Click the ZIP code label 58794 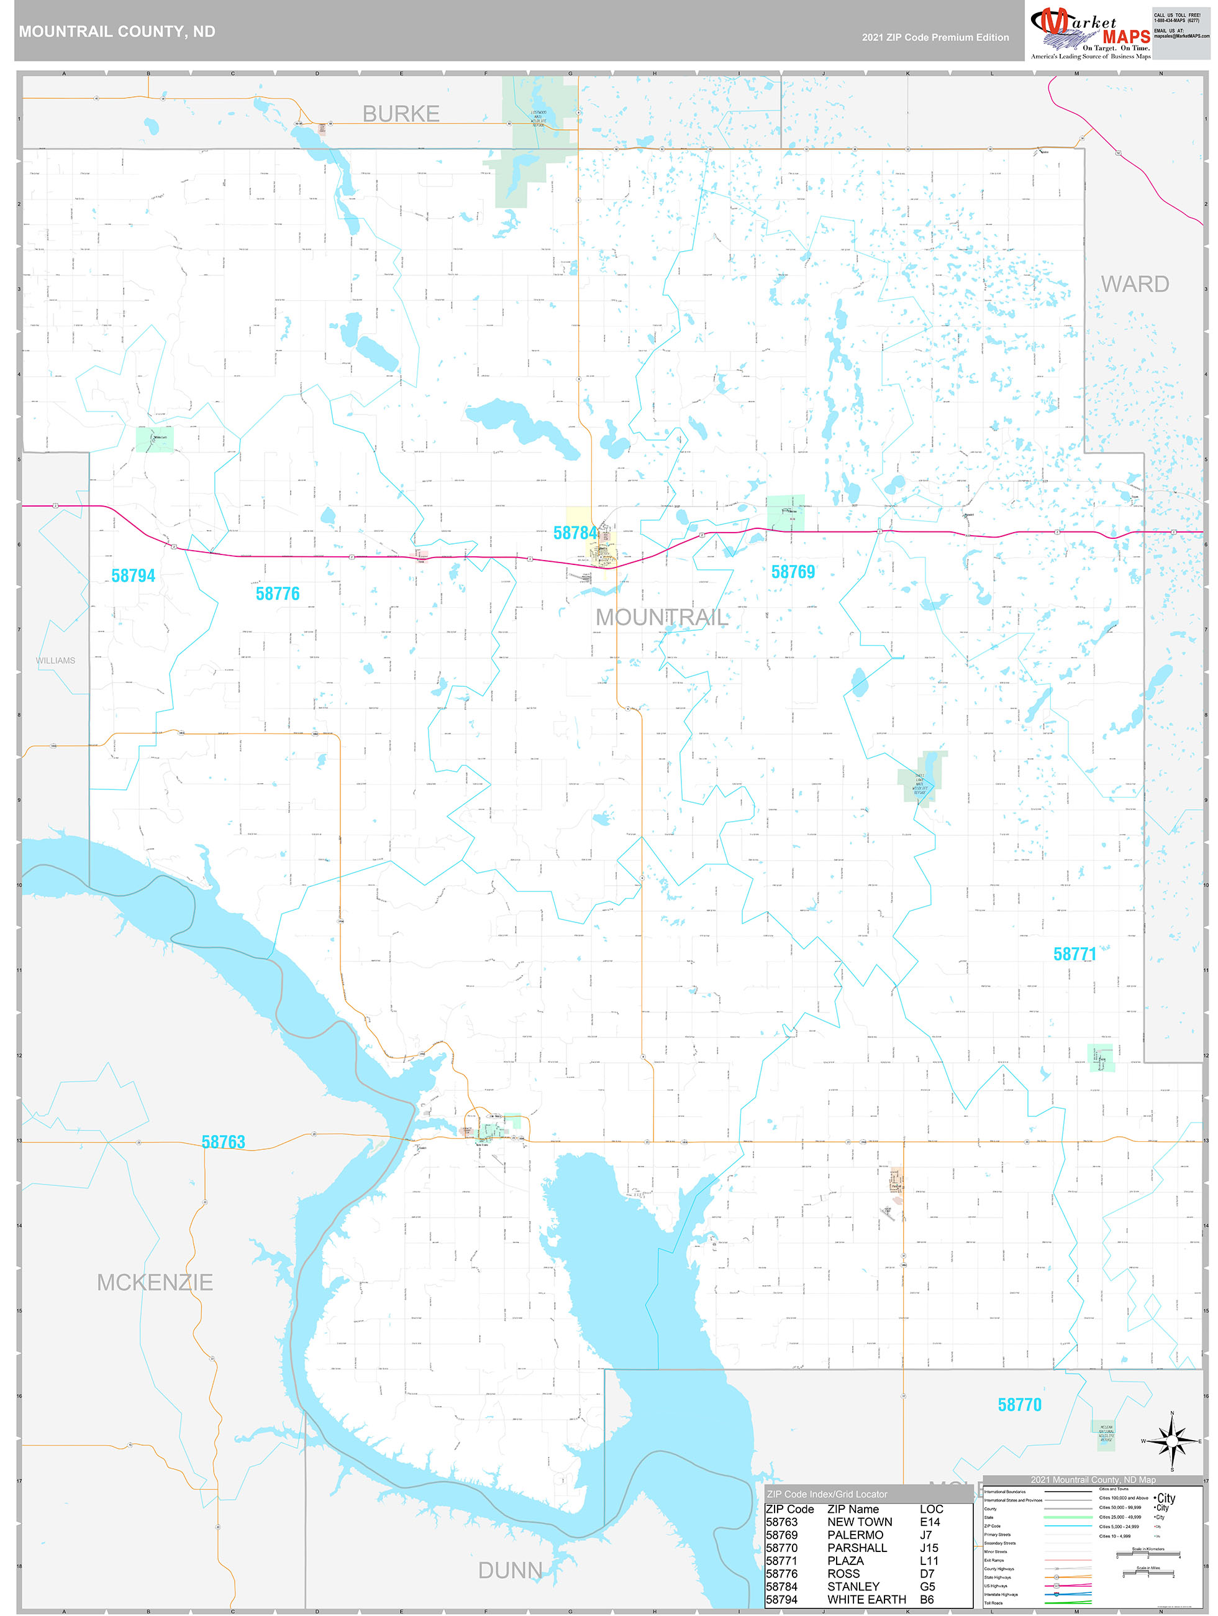pyautogui.click(x=133, y=576)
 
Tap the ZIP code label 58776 pyautogui.click(x=278, y=594)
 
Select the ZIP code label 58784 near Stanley pyautogui.click(x=575, y=533)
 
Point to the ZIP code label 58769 pyautogui.click(x=793, y=572)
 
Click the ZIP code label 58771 pyautogui.click(x=1074, y=954)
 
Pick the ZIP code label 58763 pyautogui.click(x=224, y=1142)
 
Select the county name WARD pyautogui.click(x=1135, y=284)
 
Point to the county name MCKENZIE pyautogui.click(x=155, y=1283)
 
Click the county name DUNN pyautogui.click(x=510, y=1571)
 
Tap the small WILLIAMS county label pyautogui.click(x=55, y=661)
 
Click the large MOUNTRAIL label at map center pyautogui.click(x=661, y=617)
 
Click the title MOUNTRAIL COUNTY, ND pyautogui.click(x=117, y=32)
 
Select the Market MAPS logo pyautogui.click(x=1090, y=32)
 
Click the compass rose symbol pyautogui.click(x=1171, y=1441)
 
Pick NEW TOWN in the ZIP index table pyautogui.click(x=860, y=1522)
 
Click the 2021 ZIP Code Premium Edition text pyautogui.click(x=935, y=37)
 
